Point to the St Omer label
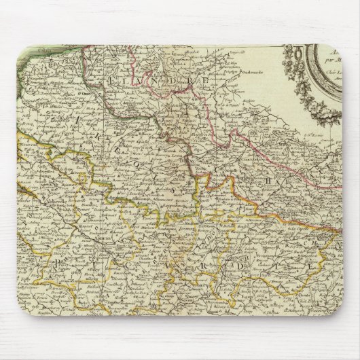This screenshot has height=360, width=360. click(x=68, y=95)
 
